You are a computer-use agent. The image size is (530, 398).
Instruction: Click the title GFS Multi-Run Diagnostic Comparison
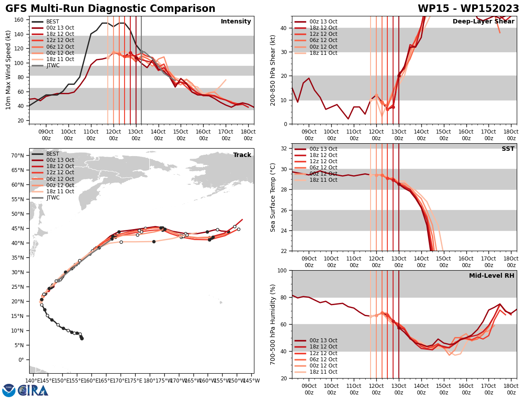(x=110, y=9)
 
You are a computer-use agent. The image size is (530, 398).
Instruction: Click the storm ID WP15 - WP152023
(x=468, y=9)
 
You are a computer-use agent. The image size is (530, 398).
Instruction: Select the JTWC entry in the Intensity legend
(x=53, y=65)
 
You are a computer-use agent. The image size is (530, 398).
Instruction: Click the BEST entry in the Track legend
(x=53, y=154)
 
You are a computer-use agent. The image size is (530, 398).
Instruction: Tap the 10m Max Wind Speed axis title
(x=8, y=70)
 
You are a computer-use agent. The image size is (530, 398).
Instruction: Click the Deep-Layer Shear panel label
(x=483, y=22)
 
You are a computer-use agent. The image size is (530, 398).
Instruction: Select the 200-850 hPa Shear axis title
(x=273, y=70)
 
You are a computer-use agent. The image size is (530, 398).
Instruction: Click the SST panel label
(x=507, y=149)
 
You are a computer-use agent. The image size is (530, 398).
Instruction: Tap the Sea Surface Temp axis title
(x=273, y=197)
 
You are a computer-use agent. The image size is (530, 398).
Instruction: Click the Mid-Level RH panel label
(x=492, y=276)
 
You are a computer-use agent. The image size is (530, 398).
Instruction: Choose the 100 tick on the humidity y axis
(x=283, y=270)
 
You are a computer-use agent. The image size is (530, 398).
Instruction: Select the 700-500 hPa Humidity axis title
(x=273, y=324)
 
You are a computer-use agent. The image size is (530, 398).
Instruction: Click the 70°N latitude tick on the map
(x=18, y=156)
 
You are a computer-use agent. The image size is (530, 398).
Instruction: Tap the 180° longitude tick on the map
(x=150, y=380)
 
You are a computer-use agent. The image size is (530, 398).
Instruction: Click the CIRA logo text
(x=33, y=390)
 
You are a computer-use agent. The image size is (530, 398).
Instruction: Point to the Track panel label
(x=242, y=155)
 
